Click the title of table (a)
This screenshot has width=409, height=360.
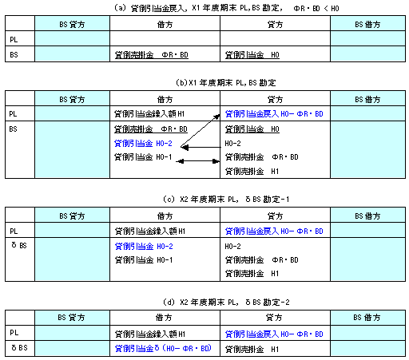[227, 8]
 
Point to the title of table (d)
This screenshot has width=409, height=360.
[226, 303]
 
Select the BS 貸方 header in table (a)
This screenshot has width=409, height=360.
[72, 25]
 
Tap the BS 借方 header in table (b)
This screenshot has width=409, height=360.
[367, 100]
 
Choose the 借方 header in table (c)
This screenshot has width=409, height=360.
[165, 216]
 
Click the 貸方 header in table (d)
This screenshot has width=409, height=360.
[274, 318]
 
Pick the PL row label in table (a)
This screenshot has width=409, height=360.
[14, 40]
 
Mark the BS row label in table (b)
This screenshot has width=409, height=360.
[14, 129]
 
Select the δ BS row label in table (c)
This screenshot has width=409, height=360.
[19, 245]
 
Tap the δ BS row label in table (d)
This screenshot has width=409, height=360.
[19, 348]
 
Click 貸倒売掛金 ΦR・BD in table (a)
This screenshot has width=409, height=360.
[152, 55]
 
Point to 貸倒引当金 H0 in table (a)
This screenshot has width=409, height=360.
[252, 55]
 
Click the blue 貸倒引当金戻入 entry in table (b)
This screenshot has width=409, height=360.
[274, 114]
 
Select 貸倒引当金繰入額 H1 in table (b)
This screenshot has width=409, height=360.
[149, 114]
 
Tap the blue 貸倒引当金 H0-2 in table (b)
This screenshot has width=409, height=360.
[143, 144]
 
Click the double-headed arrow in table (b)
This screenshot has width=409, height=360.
[198, 161]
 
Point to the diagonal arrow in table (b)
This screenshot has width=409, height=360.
[201, 130]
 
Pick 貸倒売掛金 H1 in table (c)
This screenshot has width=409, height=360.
[252, 274]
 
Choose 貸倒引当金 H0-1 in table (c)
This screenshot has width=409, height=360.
[144, 260]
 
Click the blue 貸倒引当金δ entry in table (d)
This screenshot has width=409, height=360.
[163, 348]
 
